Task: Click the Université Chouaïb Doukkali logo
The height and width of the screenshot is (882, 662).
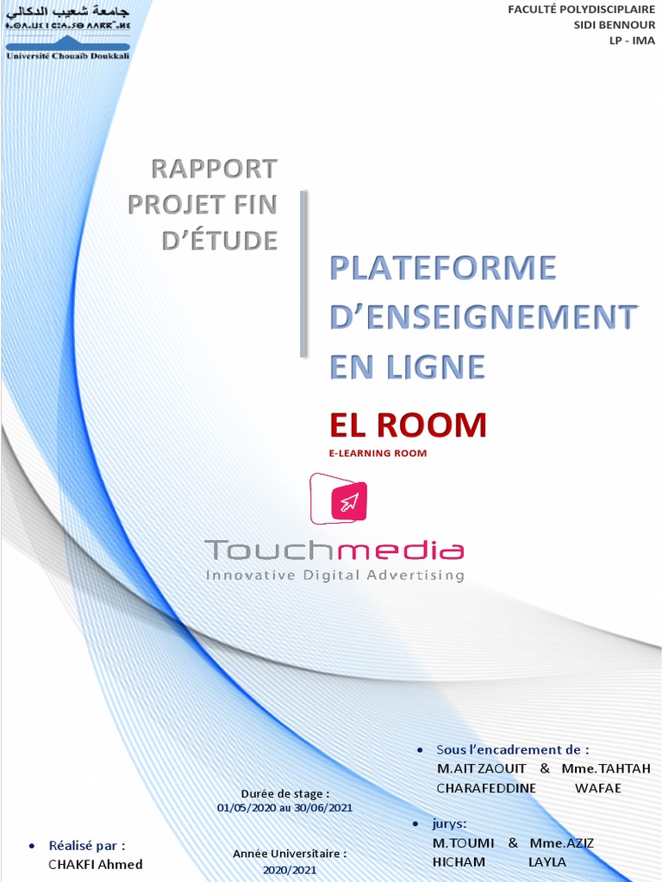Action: (67, 34)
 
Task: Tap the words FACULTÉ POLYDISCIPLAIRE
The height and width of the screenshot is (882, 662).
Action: (581, 9)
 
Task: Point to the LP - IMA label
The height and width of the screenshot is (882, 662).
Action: (633, 40)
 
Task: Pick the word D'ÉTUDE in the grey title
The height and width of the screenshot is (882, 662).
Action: (220, 240)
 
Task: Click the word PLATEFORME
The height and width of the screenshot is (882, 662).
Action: (443, 269)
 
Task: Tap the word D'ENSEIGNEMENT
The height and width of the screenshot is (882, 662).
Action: (484, 318)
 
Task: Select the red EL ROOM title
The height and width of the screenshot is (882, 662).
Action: (408, 425)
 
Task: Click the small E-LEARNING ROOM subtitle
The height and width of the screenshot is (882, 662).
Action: (378, 453)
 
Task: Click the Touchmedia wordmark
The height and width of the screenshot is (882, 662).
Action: (334, 550)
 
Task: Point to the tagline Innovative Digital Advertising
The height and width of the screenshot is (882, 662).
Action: (334, 575)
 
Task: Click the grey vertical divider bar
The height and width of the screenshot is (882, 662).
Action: (303, 274)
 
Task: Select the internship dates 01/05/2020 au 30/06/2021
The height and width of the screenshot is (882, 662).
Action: (284, 808)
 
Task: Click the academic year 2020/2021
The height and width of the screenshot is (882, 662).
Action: (290, 870)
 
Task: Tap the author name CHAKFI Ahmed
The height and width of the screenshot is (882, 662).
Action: (96, 864)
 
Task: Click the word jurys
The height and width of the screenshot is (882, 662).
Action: (451, 823)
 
